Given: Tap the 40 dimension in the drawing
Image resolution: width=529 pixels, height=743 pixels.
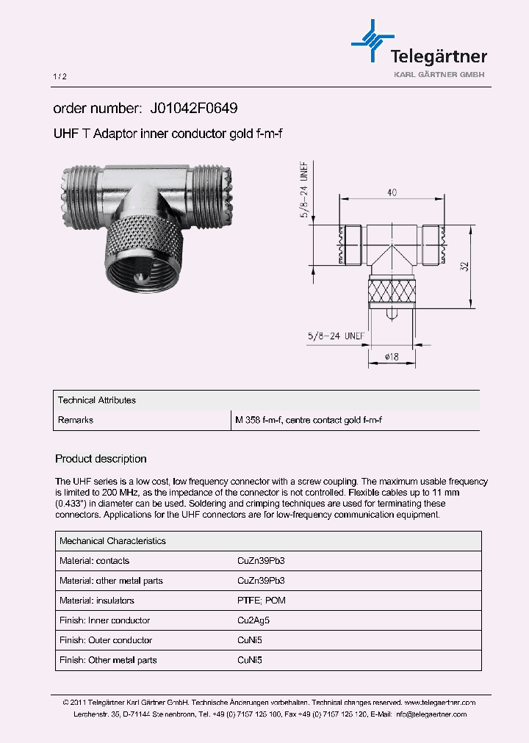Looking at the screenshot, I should click(392, 192).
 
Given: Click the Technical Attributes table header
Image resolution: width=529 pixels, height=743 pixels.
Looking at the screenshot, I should click(97, 400).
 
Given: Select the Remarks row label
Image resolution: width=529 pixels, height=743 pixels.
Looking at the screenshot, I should click(76, 420).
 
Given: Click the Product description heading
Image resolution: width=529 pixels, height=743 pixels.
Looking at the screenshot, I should click(101, 459).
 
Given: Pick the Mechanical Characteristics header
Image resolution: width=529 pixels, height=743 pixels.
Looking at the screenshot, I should click(112, 541).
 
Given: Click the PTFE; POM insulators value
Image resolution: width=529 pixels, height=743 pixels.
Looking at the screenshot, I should click(262, 601).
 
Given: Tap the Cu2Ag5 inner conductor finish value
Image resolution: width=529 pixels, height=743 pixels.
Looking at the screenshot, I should click(253, 620).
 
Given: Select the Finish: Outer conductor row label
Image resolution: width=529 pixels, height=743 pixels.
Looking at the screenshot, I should click(106, 640).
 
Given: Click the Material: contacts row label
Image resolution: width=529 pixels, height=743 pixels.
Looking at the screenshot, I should click(94, 561).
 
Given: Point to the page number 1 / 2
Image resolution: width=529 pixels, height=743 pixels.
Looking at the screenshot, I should click(60, 76).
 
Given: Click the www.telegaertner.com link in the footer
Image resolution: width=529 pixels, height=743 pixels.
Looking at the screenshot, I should click(439, 703).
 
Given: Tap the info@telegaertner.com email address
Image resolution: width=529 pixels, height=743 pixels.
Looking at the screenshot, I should click(430, 714).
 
